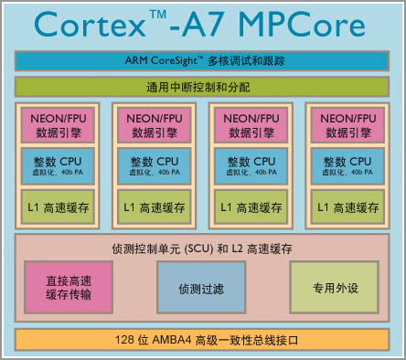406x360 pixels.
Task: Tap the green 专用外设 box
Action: click(334, 287)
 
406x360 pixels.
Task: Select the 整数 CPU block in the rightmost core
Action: click(348, 165)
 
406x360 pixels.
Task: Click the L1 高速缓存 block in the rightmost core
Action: click(348, 207)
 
